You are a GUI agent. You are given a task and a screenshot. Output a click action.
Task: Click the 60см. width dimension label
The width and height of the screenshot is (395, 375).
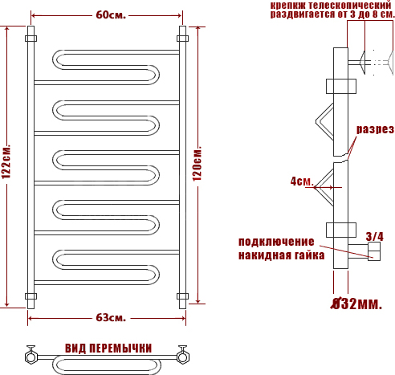click(111, 15)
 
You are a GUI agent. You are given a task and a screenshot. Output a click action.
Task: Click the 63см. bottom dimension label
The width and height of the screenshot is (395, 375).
click(111, 318)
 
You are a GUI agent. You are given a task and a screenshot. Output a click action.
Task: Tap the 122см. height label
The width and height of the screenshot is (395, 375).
click(6, 161)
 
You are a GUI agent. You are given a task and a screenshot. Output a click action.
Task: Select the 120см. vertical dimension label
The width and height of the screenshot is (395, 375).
click(197, 164)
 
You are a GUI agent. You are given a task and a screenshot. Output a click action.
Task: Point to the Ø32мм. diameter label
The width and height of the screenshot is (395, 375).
click(356, 304)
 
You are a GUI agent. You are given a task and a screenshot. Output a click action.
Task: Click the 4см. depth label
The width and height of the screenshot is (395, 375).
click(302, 181)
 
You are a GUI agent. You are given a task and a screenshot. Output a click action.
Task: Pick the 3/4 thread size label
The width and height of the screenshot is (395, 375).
click(375, 237)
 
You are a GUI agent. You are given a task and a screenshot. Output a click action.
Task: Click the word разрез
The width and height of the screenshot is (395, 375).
click(375, 129)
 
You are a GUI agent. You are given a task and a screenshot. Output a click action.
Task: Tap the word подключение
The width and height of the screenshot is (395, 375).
click(276, 242)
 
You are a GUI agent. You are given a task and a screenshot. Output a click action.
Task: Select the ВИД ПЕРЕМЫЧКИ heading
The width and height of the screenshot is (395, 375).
click(108, 349)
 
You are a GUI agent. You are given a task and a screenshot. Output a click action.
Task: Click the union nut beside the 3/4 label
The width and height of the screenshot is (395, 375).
click(374, 251)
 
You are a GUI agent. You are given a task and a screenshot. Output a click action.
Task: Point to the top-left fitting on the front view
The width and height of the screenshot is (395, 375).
click(31, 39)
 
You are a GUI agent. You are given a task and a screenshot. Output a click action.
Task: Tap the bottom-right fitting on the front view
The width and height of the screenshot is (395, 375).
click(182, 296)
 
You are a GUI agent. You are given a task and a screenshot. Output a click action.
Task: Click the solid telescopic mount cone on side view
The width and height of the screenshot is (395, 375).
click(362, 63)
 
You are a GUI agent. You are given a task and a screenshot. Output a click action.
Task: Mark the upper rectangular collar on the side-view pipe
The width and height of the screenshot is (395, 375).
click(341, 86)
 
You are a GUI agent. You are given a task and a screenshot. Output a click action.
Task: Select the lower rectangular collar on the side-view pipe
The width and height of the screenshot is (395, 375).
click(341, 230)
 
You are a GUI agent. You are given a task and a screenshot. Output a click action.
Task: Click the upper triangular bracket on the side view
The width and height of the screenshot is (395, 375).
click(324, 121)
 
